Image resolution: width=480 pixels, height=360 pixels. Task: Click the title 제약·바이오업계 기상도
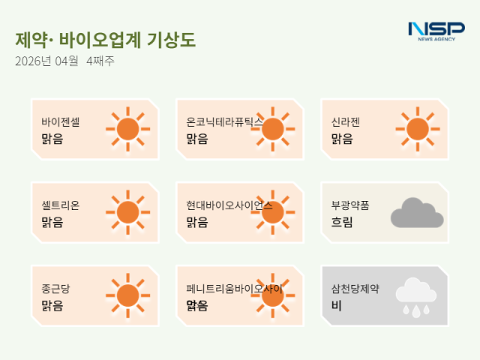tap(105, 40)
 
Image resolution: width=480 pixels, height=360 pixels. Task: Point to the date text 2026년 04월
tap(46, 61)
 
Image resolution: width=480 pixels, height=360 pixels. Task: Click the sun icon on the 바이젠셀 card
tap(127, 129)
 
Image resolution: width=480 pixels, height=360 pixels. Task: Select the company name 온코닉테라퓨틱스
tap(224, 122)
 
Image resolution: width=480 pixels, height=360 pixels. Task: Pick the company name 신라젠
tap(346, 122)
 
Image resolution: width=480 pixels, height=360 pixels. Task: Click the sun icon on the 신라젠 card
tap(417, 129)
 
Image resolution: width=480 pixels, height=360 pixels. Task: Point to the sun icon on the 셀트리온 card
tap(127, 212)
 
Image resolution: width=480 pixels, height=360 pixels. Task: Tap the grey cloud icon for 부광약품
tap(416, 213)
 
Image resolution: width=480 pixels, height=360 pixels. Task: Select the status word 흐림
tap(342, 222)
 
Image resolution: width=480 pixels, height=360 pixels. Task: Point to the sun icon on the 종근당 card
tap(127, 295)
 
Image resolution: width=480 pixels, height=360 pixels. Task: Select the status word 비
tap(337, 305)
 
